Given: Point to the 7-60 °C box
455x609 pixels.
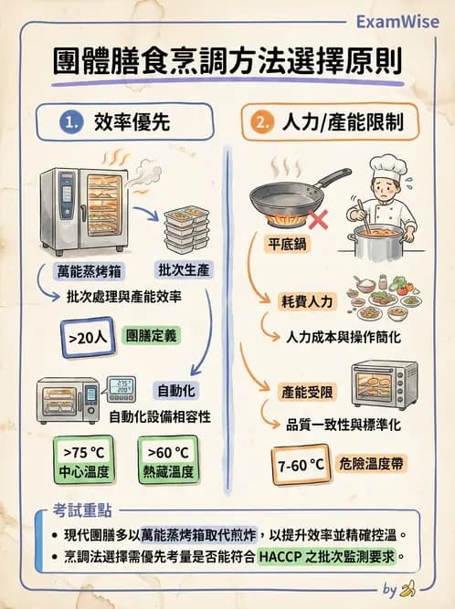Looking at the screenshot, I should point(302,465).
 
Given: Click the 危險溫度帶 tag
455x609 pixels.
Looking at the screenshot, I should point(375,464).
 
